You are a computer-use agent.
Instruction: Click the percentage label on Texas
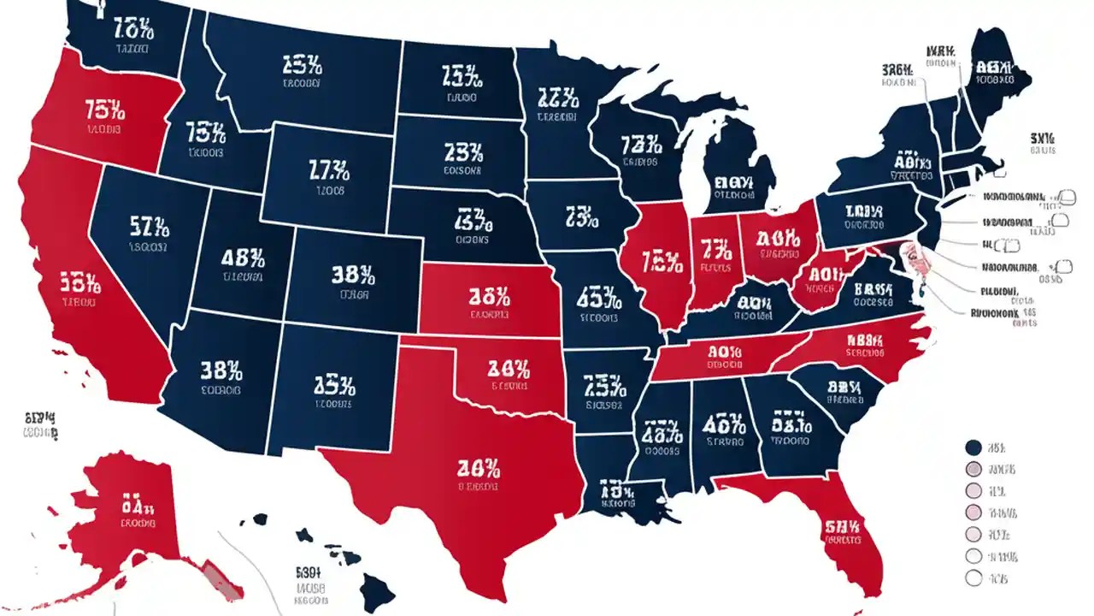(479, 468)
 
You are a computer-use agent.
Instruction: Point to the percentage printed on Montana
(301, 64)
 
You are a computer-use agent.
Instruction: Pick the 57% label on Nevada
(150, 226)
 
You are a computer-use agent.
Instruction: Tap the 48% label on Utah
(244, 258)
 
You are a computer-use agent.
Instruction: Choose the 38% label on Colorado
(352, 275)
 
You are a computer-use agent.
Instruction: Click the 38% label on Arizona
(221, 370)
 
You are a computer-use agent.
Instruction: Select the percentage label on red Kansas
(490, 297)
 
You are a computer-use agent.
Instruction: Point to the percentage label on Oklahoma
(509, 370)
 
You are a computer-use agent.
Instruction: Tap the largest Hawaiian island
(377, 589)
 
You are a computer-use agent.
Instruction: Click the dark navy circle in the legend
(972, 447)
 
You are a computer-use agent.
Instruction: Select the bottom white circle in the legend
(972, 579)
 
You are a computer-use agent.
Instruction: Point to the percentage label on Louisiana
(616, 492)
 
